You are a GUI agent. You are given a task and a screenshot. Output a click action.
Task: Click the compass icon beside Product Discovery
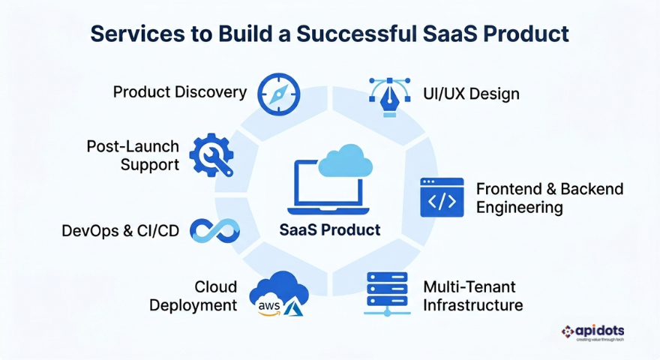[x=278, y=94]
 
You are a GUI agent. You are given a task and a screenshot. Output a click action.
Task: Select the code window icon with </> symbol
[x=442, y=197]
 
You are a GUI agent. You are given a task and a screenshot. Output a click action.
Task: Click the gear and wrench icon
[x=211, y=155]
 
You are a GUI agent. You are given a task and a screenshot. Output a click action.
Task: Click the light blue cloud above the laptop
[x=345, y=160]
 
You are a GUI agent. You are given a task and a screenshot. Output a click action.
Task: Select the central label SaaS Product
[x=329, y=230]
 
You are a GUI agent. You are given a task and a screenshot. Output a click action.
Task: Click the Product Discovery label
[x=179, y=92]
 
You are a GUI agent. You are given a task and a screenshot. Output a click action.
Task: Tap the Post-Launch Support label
[x=133, y=155]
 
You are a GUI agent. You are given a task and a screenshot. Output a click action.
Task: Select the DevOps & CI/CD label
[x=120, y=231]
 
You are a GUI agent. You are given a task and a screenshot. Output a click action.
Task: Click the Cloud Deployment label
[x=193, y=296]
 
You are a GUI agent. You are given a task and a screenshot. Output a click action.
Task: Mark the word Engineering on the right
[x=519, y=207]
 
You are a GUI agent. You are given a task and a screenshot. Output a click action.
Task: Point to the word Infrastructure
[x=472, y=305]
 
